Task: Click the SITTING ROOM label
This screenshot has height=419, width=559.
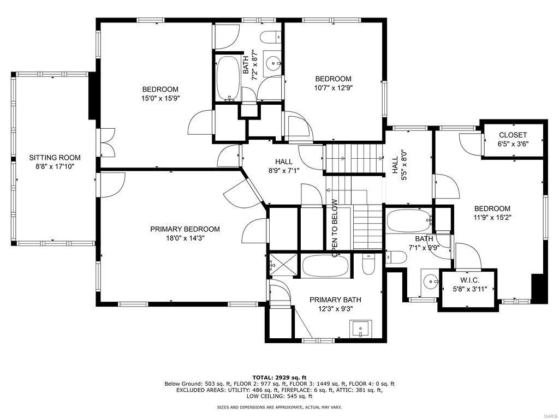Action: tap(51, 158)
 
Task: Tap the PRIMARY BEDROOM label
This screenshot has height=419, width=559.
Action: tap(185, 229)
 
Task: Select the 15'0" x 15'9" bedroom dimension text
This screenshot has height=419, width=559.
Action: tap(160, 98)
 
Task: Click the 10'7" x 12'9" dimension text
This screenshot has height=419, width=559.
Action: tap(332, 87)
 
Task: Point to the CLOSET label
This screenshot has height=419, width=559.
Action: tap(513, 135)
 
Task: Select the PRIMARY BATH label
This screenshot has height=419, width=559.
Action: tap(335, 300)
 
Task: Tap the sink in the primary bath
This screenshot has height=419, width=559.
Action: tap(360, 329)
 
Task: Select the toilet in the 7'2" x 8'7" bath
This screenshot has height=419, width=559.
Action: tap(269, 38)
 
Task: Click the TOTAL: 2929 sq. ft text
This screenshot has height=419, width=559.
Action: tap(279, 377)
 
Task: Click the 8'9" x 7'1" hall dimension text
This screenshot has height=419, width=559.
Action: tap(283, 170)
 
